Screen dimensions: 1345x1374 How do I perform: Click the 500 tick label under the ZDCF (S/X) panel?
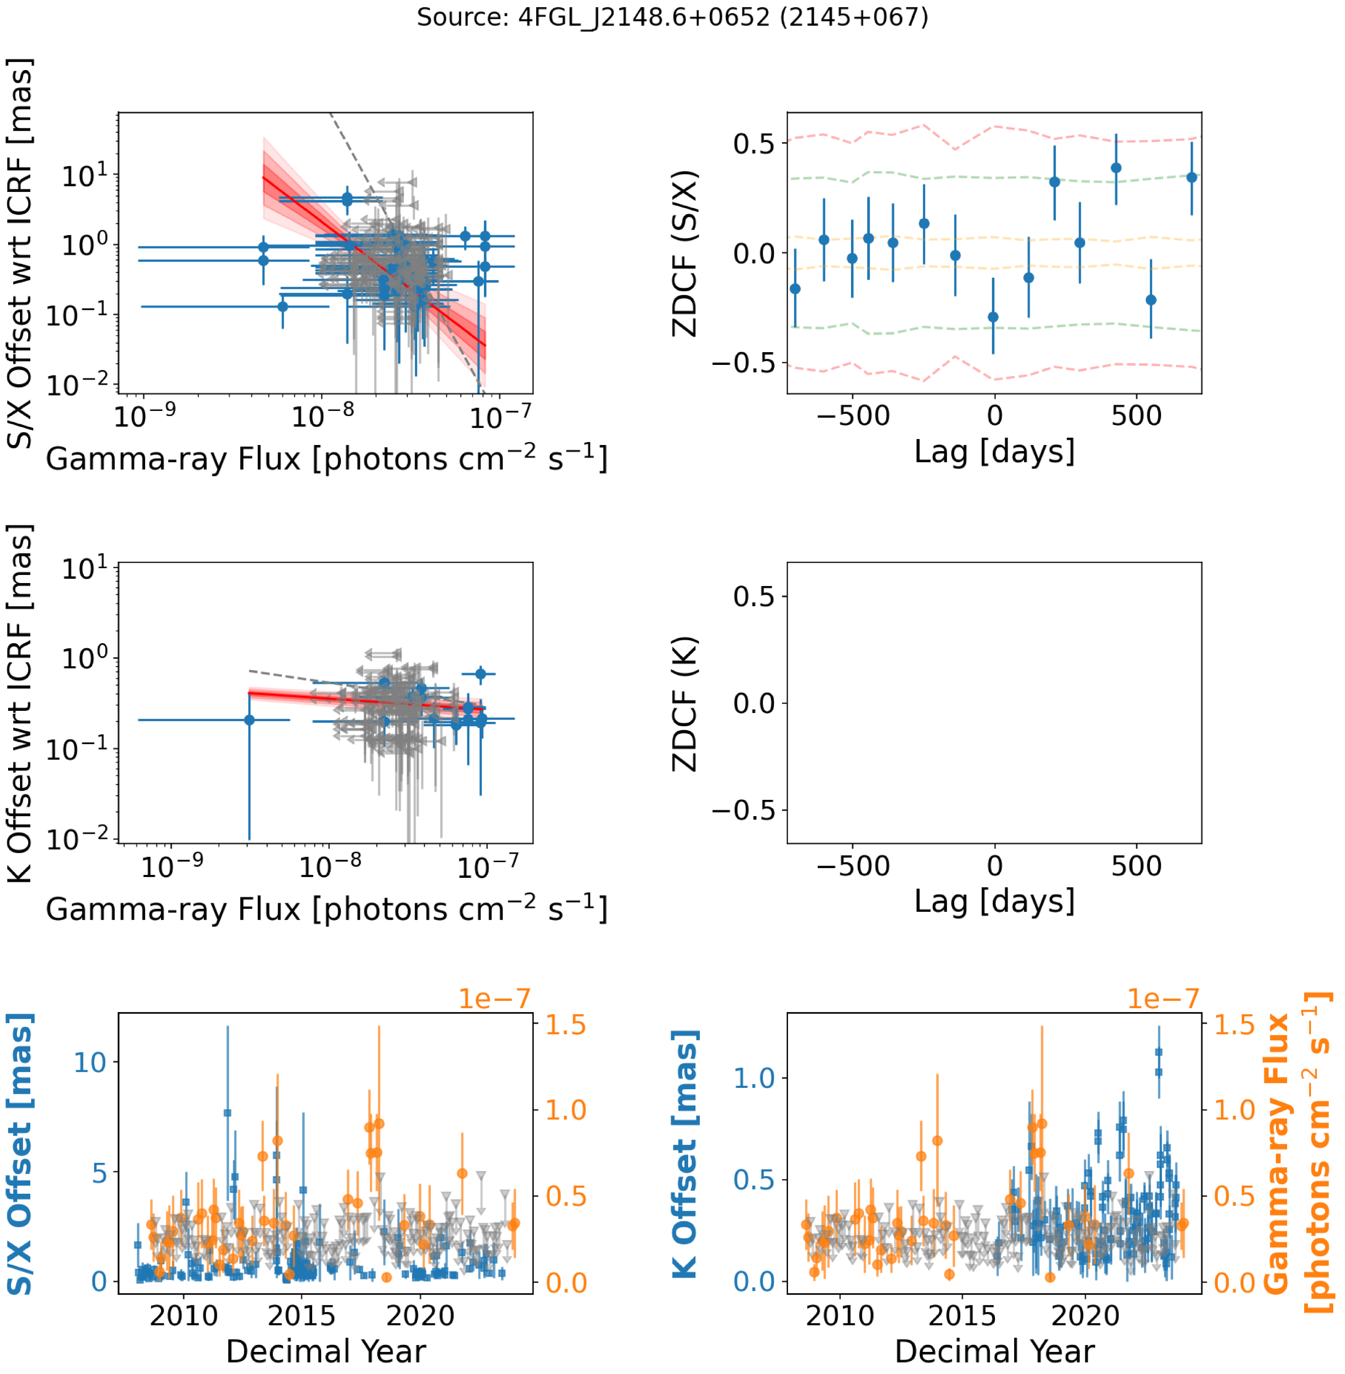pyautogui.click(x=1136, y=416)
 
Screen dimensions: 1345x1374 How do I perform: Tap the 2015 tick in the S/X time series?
pyautogui.click(x=302, y=1315)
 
